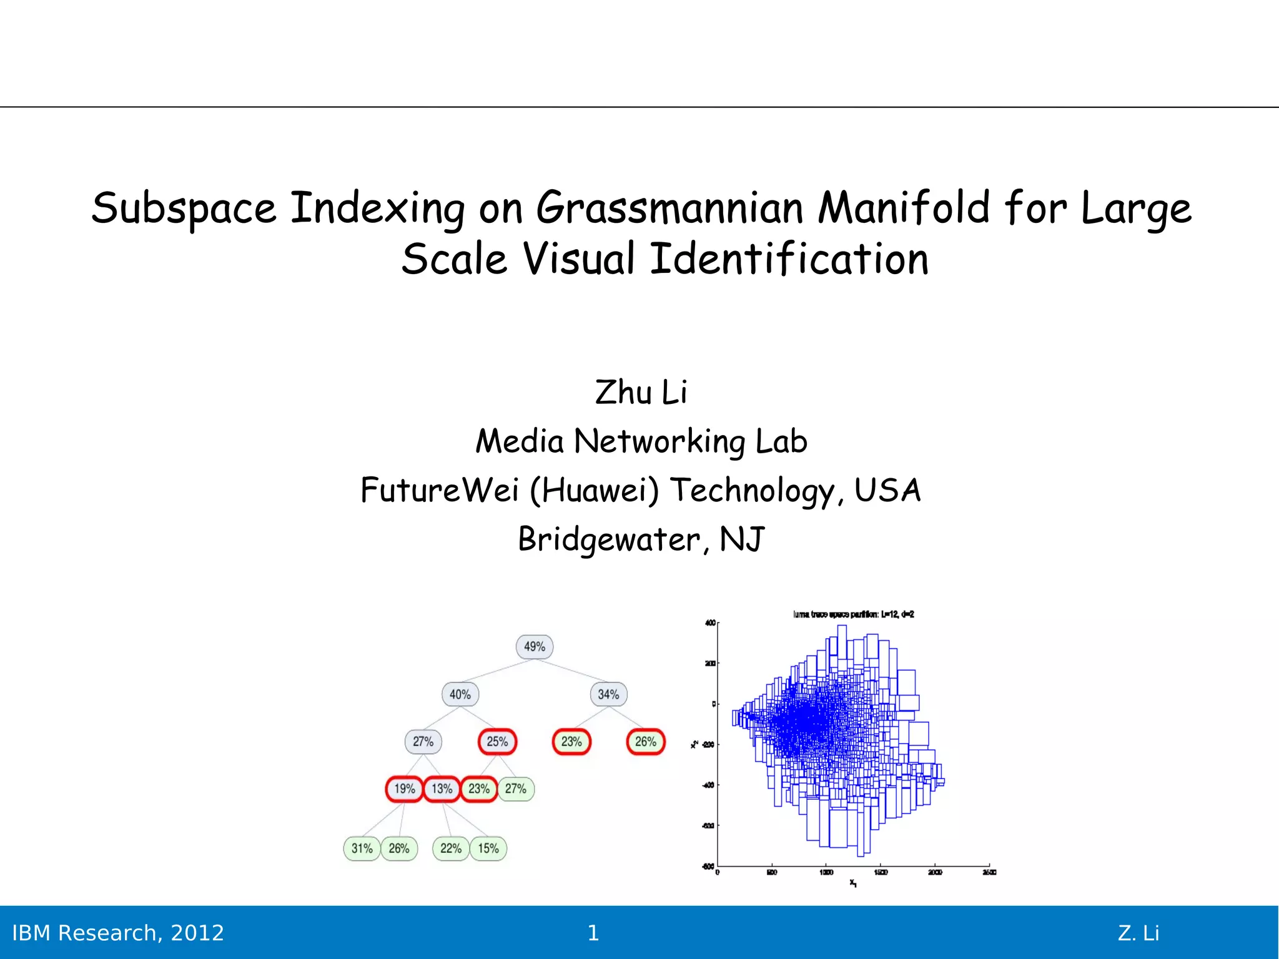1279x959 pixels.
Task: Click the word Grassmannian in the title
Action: tap(669, 208)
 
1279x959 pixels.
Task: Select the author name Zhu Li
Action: tap(641, 393)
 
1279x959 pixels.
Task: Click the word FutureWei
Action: tap(440, 489)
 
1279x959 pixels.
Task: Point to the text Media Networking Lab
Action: tap(641, 441)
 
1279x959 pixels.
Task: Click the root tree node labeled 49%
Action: tap(535, 647)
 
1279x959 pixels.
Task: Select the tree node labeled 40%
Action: tap(460, 694)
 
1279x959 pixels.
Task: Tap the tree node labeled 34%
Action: tap(608, 694)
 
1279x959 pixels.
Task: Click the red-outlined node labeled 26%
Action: tap(645, 742)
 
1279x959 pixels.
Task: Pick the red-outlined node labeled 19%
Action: tap(404, 789)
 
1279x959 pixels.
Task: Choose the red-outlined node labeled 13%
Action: tap(442, 789)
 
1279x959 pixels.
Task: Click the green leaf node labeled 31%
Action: tap(362, 848)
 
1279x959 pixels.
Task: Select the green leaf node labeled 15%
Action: tap(488, 848)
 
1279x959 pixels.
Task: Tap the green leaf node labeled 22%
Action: tap(450, 848)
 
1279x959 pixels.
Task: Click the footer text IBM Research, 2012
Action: tap(118, 933)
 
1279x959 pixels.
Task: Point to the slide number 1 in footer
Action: tap(593, 933)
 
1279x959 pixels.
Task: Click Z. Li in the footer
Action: tap(1138, 933)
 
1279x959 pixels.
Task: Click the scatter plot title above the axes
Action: tap(853, 614)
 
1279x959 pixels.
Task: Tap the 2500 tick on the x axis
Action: tap(989, 872)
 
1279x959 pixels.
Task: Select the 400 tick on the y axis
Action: tap(710, 623)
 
